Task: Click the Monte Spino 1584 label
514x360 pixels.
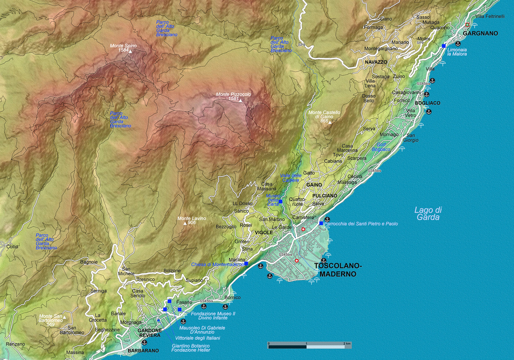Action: (123, 48)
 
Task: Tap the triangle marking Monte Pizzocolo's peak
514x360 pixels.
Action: (240, 101)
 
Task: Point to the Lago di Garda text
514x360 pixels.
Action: (428, 213)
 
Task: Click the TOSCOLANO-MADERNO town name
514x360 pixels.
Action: (335, 270)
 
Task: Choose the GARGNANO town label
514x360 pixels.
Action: (481, 33)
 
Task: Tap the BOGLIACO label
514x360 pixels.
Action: (427, 103)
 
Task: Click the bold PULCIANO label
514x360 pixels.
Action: (325, 195)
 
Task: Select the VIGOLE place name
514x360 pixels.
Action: (264, 232)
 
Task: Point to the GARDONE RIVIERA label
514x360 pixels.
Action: (150, 333)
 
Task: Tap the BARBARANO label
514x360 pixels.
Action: (143, 350)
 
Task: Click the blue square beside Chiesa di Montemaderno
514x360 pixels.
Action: (246, 263)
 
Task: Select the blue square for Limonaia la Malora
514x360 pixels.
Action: (443, 46)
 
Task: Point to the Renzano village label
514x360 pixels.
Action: (15, 344)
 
